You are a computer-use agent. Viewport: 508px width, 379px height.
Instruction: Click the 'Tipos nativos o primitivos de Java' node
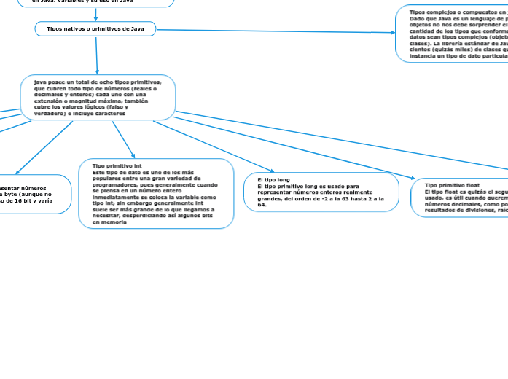tap(95, 28)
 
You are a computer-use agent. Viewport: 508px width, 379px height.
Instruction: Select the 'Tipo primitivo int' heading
tap(117, 166)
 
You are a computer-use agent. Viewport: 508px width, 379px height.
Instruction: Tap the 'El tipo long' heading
tap(273, 179)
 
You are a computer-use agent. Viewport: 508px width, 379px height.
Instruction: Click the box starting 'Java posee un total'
tap(98, 98)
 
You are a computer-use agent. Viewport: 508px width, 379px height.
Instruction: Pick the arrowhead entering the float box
tap(412, 177)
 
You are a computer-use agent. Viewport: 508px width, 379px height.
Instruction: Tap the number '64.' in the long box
tap(262, 205)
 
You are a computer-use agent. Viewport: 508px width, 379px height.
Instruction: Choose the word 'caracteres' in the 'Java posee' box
tap(109, 114)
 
